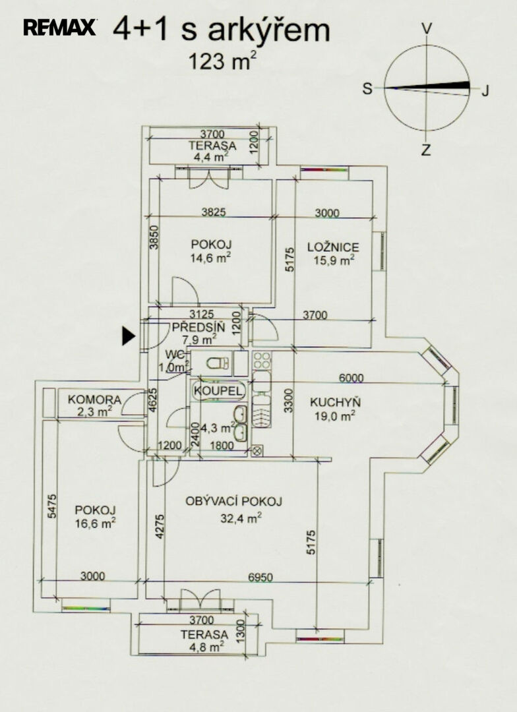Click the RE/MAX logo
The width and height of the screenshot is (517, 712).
point(59,27)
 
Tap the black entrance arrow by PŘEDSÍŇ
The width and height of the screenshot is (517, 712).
point(129,336)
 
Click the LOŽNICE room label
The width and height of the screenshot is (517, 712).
point(333,247)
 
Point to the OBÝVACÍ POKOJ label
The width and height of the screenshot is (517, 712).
point(233,501)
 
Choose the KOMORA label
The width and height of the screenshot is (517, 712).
point(94,400)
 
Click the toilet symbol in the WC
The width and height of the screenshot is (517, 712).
point(218,363)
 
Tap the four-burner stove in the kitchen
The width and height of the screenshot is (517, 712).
point(262,360)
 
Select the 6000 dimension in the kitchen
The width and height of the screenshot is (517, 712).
point(351,378)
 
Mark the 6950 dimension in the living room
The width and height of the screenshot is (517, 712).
point(260,577)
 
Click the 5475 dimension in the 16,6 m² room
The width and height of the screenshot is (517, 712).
point(52,506)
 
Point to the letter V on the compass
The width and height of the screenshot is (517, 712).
point(427,28)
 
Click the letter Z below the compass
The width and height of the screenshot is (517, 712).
point(426,150)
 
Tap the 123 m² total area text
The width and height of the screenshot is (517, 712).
point(219,61)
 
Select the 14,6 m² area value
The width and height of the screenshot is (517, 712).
point(211,258)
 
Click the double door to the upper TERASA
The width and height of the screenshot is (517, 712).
point(208,179)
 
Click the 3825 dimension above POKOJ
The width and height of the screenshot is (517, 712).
point(213,212)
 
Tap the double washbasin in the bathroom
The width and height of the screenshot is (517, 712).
point(240,423)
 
